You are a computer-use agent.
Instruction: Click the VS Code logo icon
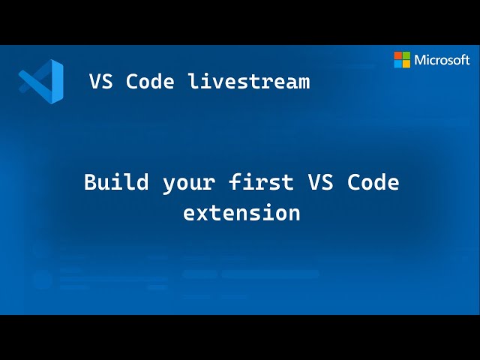tap(41, 80)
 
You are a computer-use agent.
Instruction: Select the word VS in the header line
tap(101, 81)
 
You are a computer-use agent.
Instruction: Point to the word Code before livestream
tap(151, 81)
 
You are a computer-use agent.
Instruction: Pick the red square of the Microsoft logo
tap(398, 55)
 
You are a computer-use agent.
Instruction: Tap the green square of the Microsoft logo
tap(406, 55)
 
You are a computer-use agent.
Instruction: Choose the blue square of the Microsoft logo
tap(398, 64)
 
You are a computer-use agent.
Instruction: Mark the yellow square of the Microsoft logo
tap(406, 64)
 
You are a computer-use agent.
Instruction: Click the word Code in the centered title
tap(373, 182)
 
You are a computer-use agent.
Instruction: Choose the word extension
tap(241, 213)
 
